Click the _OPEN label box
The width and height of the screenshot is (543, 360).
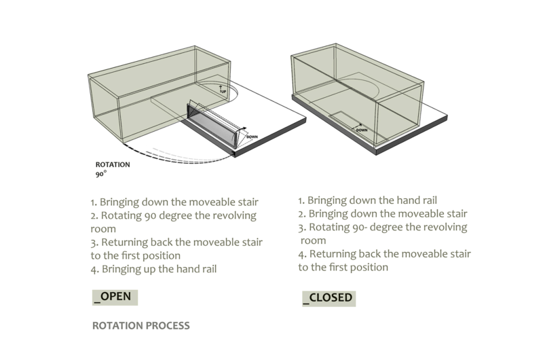click(x=115, y=297)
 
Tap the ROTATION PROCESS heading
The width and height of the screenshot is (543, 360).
click(x=141, y=325)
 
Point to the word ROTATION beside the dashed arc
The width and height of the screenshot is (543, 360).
click(x=113, y=164)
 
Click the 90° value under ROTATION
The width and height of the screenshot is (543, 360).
click(x=102, y=174)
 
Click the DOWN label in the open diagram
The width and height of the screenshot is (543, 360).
click(x=252, y=137)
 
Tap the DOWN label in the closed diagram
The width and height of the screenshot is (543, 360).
click(x=362, y=128)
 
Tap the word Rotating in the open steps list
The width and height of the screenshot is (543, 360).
click(x=123, y=216)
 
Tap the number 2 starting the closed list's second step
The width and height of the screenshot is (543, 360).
click(x=302, y=214)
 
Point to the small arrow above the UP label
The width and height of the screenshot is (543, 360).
click(x=220, y=86)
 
